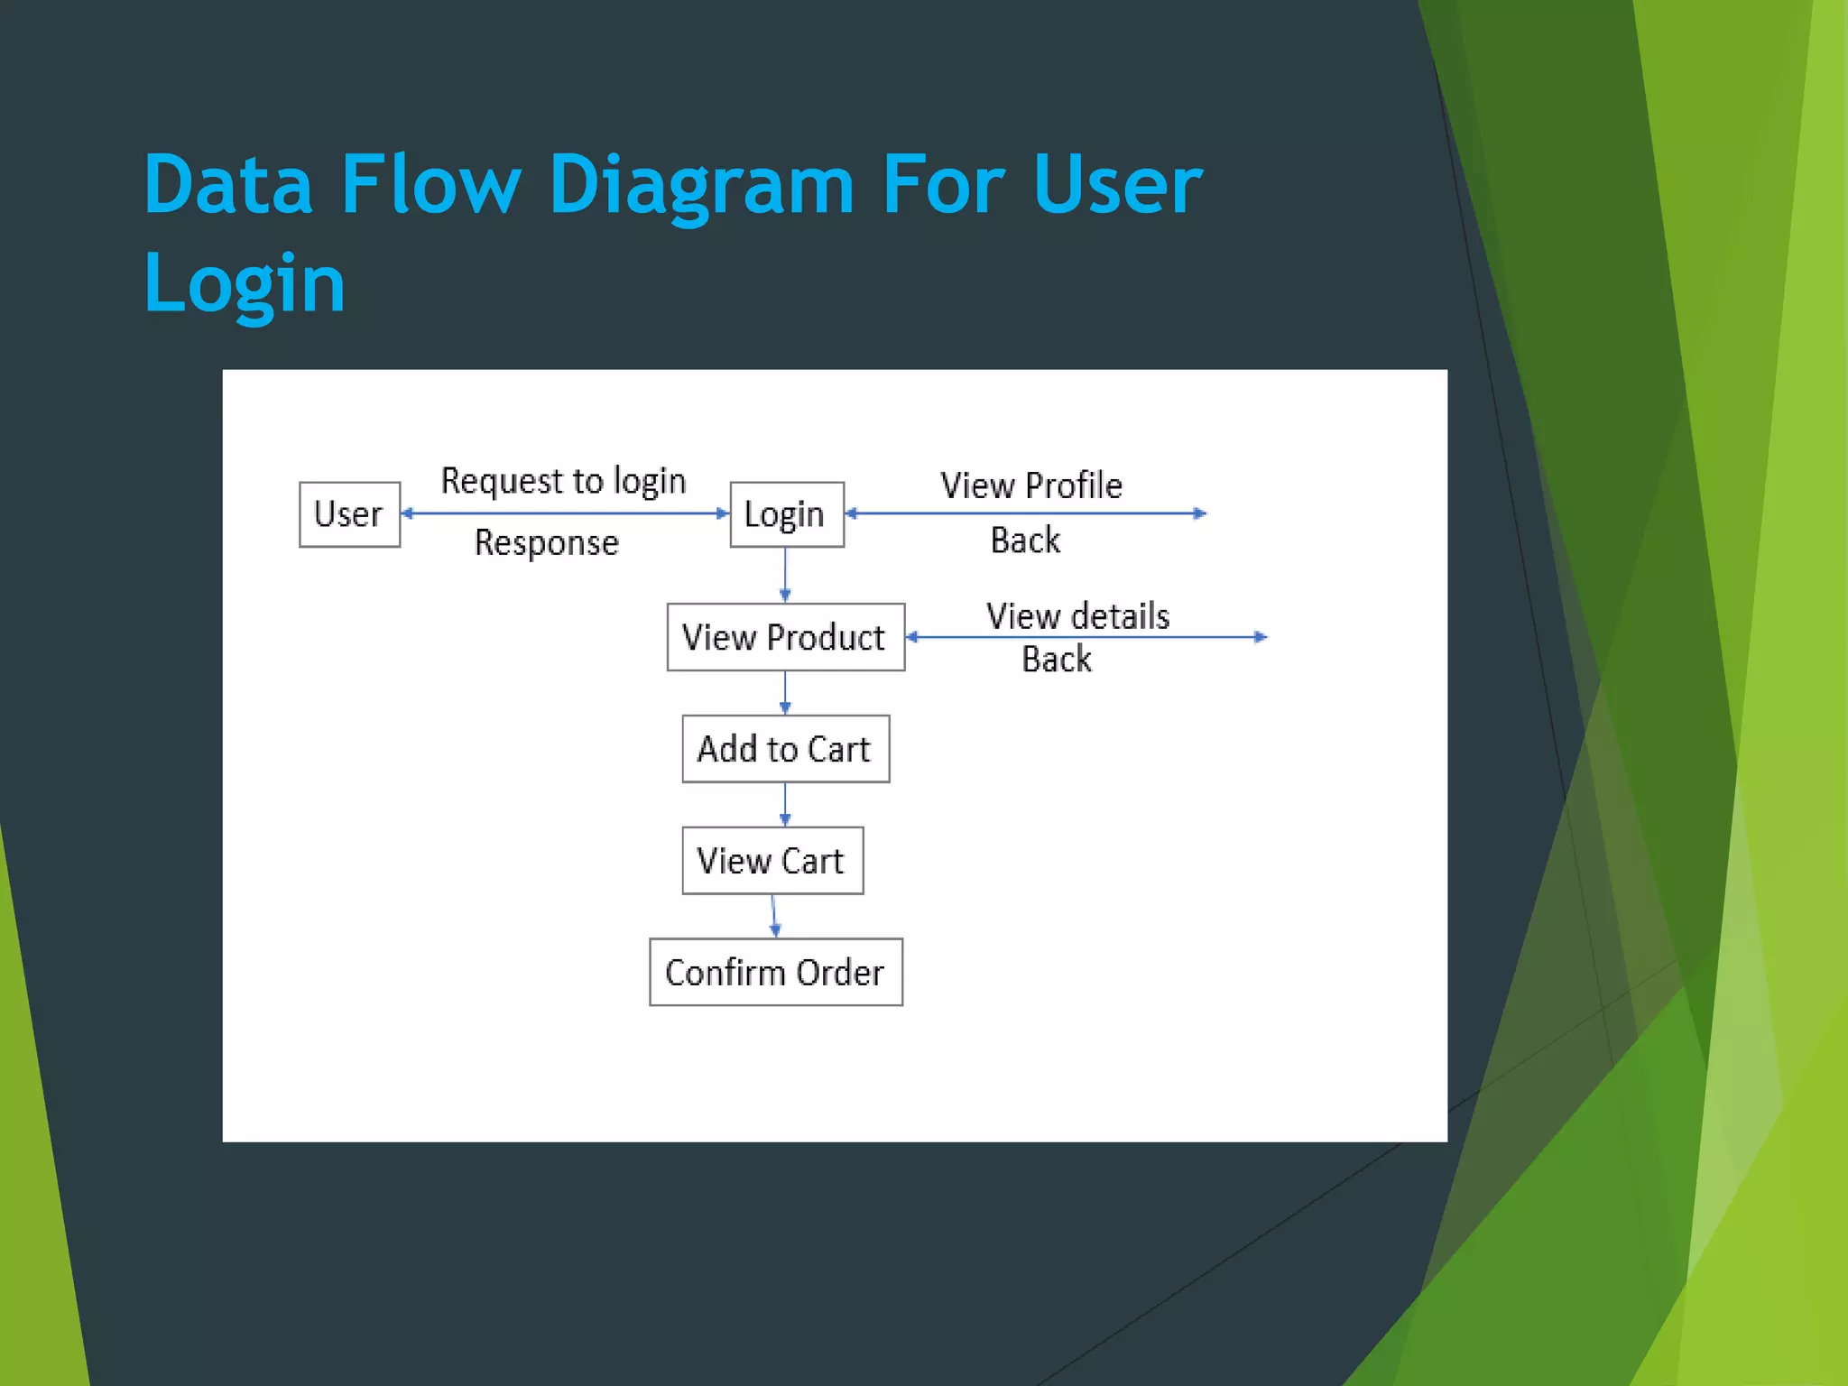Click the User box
pyautogui.click(x=349, y=514)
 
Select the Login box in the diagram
pyautogui.click(x=786, y=514)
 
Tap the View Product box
pyautogui.click(x=785, y=637)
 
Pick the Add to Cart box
pyautogui.click(x=785, y=749)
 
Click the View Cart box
pyautogui.click(x=772, y=861)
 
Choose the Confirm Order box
pyautogui.click(x=775, y=972)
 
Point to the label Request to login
pyautogui.click(x=563, y=481)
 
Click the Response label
pyautogui.click(x=547, y=542)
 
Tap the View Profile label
pyautogui.click(x=1031, y=485)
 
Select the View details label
pyautogui.click(x=1077, y=616)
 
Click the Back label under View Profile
pyautogui.click(x=1025, y=541)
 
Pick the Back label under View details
pyautogui.click(x=1056, y=660)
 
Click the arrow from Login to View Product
pyautogui.click(x=785, y=575)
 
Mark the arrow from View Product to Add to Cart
pyautogui.click(x=785, y=693)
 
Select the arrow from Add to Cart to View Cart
pyautogui.click(x=785, y=804)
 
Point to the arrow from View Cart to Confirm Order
pyautogui.click(x=774, y=916)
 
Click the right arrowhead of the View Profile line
pyautogui.click(x=1200, y=513)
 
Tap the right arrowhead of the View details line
pyautogui.click(x=1261, y=637)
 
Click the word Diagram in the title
pyautogui.click(x=700, y=185)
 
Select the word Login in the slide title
pyautogui.click(x=245, y=282)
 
